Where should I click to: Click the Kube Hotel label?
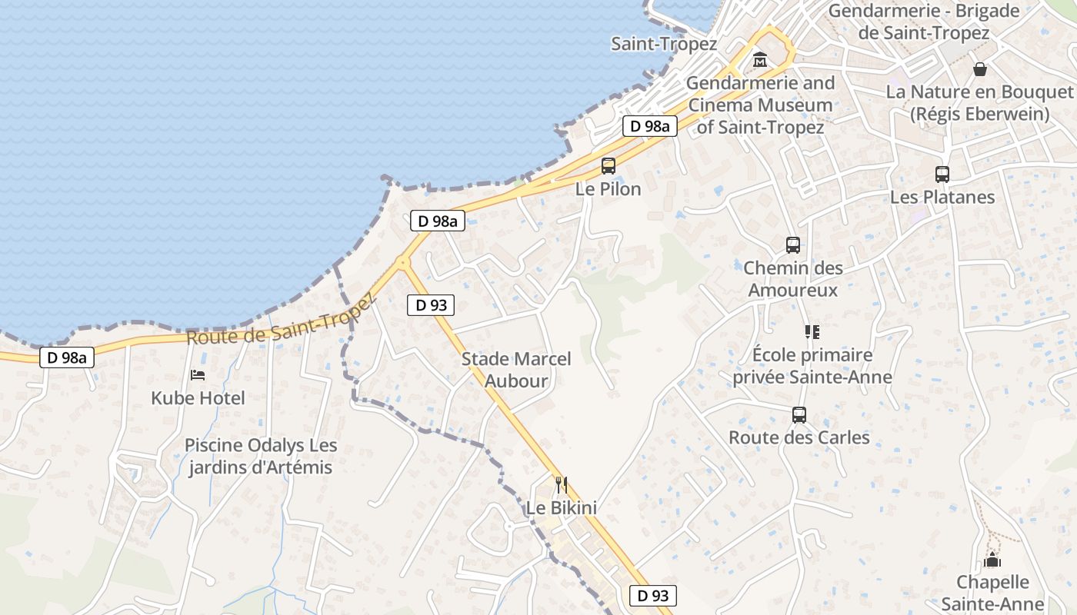coord(198,398)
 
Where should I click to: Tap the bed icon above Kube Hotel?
coord(198,375)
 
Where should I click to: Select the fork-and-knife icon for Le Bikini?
coord(562,484)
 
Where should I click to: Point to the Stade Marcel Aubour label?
coord(516,370)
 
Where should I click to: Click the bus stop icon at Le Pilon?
coord(608,165)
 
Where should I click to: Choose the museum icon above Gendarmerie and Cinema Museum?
coord(760,59)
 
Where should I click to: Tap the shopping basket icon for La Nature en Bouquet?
coord(980,69)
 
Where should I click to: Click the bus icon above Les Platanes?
coord(942,174)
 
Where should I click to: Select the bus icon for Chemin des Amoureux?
coord(793,245)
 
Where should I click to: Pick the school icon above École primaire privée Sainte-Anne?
coord(812,332)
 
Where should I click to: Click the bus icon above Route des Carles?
coord(799,415)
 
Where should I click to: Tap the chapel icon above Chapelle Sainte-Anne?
coord(992,559)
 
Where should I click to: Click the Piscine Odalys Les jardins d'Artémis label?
coord(261,457)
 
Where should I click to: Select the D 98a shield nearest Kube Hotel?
coord(67,357)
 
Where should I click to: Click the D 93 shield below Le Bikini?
coord(653,595)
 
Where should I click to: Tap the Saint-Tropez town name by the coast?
coord(664,44)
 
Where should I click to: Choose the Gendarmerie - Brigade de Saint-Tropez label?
coord(924,22)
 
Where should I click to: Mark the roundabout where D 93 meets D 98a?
coord(402,263)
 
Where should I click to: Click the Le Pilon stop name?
coord(608,189)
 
